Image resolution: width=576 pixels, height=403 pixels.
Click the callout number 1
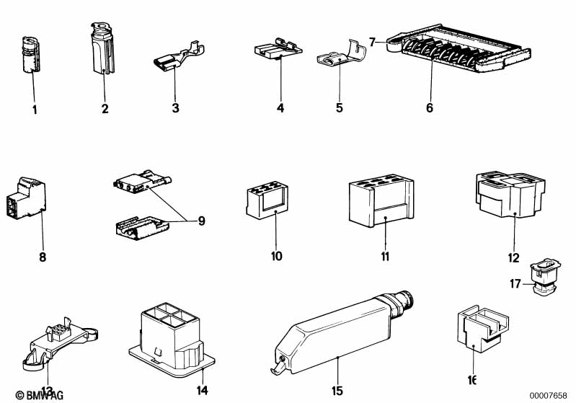33,110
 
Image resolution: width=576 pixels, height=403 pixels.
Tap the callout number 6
430,108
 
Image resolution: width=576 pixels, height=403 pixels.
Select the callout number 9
201,221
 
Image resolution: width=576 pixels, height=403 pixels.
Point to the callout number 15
337,391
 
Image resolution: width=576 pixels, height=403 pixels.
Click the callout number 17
515,284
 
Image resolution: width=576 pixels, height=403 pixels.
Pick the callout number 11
385,257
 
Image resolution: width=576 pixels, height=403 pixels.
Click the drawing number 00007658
549,394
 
